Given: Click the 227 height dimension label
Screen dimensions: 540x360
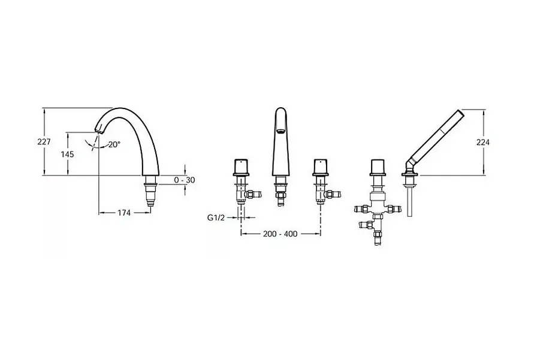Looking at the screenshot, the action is [x=44, y=142].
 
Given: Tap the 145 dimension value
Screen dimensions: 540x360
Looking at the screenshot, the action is [x=68, y=154].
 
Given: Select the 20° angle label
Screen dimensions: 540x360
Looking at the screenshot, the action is [x=114, y=144].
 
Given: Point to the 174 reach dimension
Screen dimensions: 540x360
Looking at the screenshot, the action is [x=124, y=213].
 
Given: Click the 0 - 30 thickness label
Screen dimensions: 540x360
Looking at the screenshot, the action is [x=185, y=180].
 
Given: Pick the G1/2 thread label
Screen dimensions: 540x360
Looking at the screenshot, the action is [x=216, y=217].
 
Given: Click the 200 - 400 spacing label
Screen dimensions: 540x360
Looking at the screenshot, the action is [x=280, y=234].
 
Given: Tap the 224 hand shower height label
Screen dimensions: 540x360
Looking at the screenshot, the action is [x=483, y=142].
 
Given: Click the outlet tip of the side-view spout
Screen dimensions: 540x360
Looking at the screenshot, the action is [x=99, y=132].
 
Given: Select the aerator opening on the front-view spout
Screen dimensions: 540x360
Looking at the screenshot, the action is [x=280, y=131].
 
